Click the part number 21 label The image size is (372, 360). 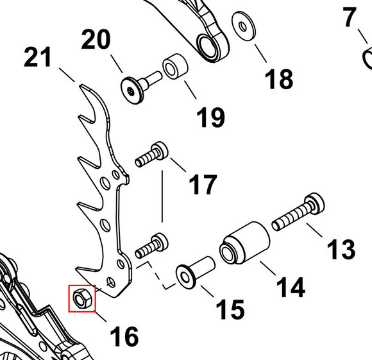point(38,57)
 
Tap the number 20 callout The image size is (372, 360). point(96,39)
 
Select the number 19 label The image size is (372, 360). point(210,117)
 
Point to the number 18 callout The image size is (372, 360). point(279,79)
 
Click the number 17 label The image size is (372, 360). point(203,184)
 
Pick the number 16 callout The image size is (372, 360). point(124,336)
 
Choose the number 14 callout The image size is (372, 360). point(291,287)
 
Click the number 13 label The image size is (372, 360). point(341,249)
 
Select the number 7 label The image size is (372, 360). point(350,17)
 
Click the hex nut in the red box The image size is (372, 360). point(82,298)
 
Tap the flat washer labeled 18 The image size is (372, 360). point(244,26)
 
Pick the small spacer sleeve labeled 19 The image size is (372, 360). point(175,66)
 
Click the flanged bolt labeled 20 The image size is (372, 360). point(140,87)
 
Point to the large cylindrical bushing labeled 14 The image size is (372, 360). point(244,243)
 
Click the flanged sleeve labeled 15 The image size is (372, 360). point(195,273)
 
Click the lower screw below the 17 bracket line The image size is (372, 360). point(151,246)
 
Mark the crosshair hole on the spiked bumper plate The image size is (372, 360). point(111,282)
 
